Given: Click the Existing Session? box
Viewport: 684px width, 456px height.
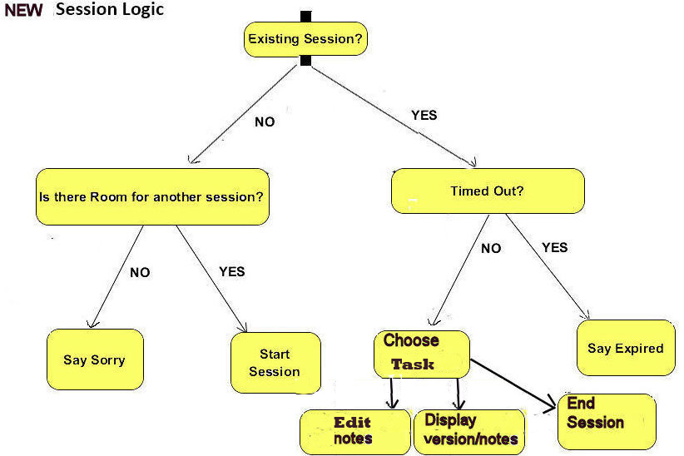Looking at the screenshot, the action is (x=305, y=39).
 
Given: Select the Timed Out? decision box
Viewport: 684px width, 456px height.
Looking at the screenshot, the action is (x=488, y=191).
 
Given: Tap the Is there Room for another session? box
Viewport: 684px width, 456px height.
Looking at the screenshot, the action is (x=152, y=197).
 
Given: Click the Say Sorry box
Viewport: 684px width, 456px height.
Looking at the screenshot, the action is (x=95, y=359).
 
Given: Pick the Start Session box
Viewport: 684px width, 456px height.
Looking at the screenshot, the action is (x=275, y=363).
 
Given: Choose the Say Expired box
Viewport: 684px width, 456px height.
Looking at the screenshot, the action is (x=626, y=348).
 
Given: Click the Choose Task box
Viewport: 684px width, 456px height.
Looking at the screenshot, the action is (x=421, y=354).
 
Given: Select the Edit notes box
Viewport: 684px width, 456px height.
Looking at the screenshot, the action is (x=355, y=432).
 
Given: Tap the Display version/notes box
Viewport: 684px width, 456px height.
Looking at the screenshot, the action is (x=469, y=432).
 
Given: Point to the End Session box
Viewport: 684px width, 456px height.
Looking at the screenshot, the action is (x=607, y=422).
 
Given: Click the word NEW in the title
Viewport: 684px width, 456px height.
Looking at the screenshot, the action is (x=23, y=10).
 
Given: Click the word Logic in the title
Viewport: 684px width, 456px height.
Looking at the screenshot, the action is (x=144, y=10).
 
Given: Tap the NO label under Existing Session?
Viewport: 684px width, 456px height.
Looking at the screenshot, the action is (x=265, y=121).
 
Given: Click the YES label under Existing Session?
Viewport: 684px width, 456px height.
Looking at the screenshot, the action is (x=424, y=115).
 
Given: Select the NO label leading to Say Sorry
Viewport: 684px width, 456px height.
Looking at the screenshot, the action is (x=140, y=272).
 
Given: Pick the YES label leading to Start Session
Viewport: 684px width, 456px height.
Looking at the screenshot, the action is (x=232, y=271).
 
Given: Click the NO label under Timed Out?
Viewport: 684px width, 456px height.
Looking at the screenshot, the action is (x=491, y=248).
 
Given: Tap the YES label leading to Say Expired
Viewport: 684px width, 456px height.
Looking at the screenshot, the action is (x=555, y=247).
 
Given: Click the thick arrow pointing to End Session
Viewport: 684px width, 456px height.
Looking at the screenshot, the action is (x=513, y=384).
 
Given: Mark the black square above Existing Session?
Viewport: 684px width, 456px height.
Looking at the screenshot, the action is (x=305, y=16).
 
